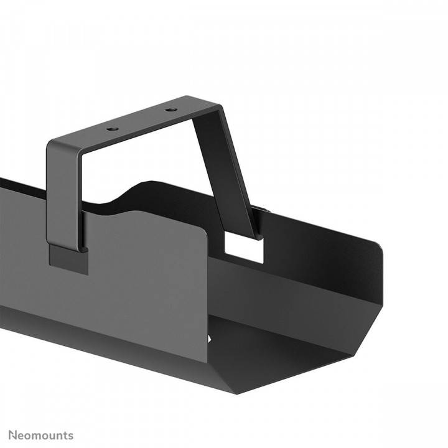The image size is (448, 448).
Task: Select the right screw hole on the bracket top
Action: click(169, 110)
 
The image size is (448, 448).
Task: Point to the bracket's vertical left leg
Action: click(65, 193)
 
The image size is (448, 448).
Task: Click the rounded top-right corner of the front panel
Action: click(203, 236)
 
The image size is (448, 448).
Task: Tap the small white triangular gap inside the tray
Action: click(210, 340)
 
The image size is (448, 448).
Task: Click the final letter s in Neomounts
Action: click(70, 435)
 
